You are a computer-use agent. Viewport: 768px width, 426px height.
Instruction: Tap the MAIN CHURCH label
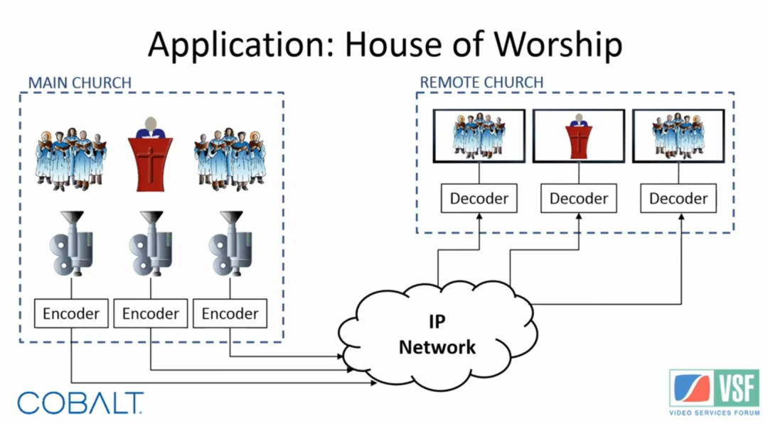80,82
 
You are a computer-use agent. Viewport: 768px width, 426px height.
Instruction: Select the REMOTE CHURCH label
481,82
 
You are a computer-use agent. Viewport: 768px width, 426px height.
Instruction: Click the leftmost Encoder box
71,313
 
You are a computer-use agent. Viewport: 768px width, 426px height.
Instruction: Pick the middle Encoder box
151,313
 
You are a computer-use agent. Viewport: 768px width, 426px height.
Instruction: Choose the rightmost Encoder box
230,313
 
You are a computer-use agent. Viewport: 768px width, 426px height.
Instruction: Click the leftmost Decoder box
479,198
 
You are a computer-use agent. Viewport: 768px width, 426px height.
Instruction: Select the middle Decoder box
579,198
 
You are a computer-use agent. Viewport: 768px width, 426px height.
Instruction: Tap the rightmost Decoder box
678,198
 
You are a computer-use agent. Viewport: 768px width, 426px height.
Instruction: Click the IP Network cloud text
436,334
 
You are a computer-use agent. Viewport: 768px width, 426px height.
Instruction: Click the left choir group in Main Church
71,158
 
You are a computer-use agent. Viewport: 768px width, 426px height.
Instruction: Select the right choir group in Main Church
230,158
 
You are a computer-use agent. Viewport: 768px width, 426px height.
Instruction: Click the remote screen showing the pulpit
579,135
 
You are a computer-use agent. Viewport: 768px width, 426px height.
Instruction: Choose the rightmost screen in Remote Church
678,135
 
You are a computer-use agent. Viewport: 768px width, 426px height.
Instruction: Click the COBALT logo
80,403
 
